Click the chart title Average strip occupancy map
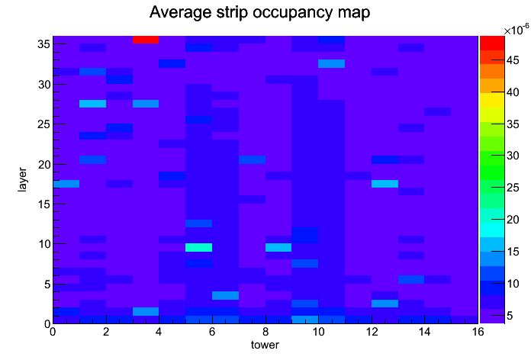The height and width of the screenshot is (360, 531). [259, 13]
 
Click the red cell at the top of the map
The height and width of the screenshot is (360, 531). [146, 40]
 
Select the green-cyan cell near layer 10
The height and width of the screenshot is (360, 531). [199, 248]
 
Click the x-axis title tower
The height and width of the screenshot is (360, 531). [265, 345]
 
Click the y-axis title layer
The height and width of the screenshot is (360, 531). [22, 179]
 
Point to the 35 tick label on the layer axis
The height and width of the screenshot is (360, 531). [44, 44]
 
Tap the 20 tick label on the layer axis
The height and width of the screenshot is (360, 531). [44, 165]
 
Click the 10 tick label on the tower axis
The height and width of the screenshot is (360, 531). [318, 332]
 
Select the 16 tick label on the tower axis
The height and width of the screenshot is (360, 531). [478, 332]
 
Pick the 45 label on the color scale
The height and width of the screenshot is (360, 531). [513, 60]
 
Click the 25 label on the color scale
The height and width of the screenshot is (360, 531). [513, 188]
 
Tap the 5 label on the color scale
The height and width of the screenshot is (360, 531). [510, 316]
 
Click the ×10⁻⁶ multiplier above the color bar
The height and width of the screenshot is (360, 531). [517, 30]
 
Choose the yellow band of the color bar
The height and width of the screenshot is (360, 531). [492, 100]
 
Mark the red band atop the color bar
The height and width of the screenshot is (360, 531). [492, 43]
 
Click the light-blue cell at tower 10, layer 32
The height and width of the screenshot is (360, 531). [332, 63]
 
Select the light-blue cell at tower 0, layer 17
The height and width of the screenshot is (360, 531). [66, 184]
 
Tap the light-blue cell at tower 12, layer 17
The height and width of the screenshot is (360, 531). [385, 184]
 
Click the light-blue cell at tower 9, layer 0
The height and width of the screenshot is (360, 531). [304, 320]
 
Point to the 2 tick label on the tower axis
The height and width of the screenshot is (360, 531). [106, 332]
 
